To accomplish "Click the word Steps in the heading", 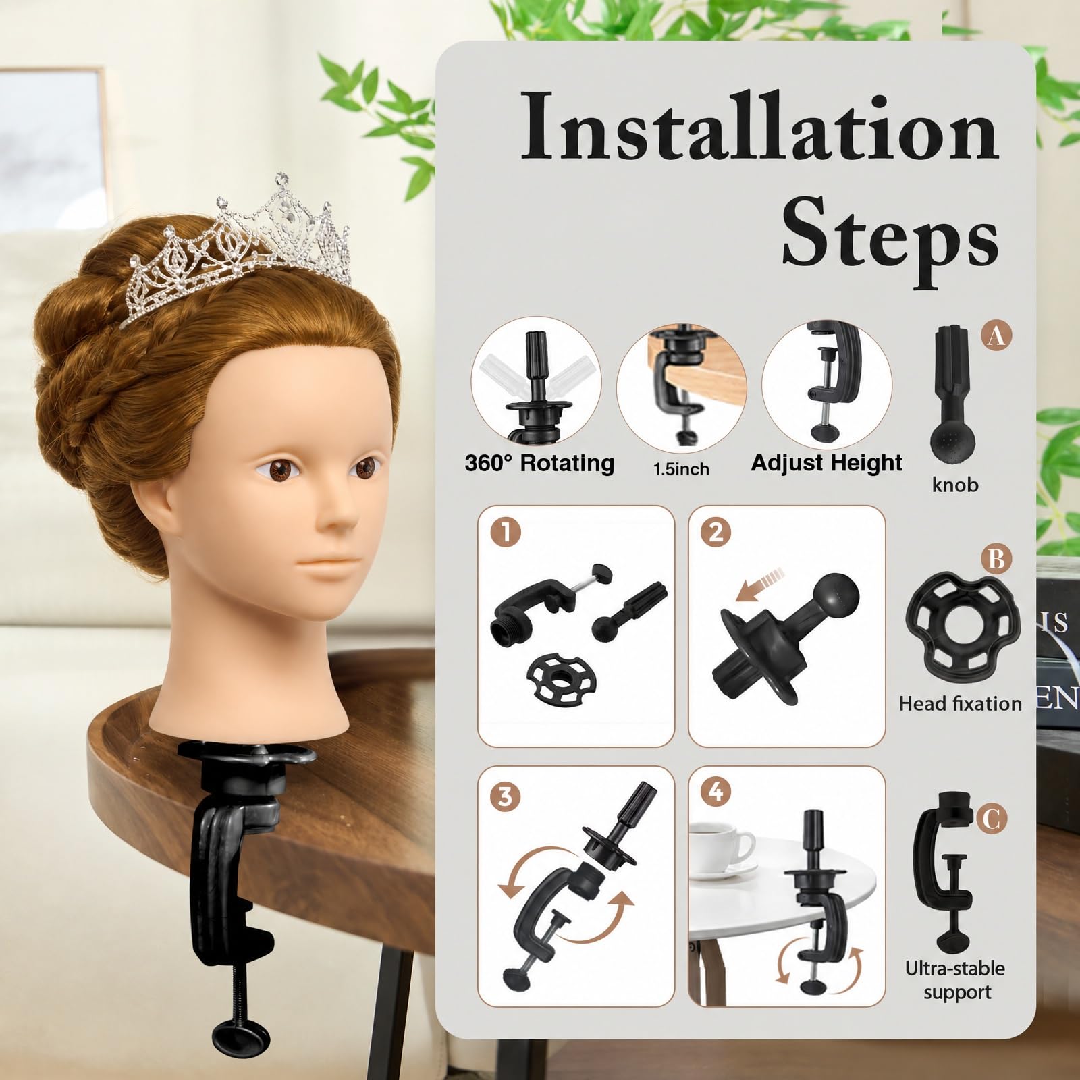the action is coord(890,240).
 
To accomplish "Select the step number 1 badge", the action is coord(506,533).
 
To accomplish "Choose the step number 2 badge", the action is coord(716,533).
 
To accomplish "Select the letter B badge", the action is coord(996,559).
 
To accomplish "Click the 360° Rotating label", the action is coord(539,464).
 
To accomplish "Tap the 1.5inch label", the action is coord(681,469).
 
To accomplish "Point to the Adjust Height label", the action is coord(826,463).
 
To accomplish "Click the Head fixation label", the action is coord(960,703).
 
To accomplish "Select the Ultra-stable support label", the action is coord(956,980).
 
